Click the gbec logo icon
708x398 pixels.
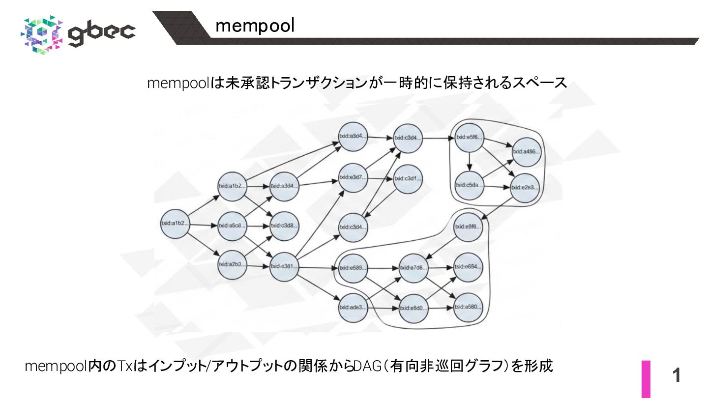pyautogui.click(x=42, y=34)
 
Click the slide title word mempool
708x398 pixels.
pyautogui.click(x=255, y=26)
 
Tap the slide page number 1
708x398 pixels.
pyautogui.click(x=677, y=376)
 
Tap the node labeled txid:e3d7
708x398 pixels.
pyautogui.click(x=353, y=177)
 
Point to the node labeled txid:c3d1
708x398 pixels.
pyautogui.click(x=408, y=178)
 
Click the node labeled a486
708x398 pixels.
pyautogui.click(x=526, y=151)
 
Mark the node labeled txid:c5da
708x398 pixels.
pyautogui.click(x=469, y=185)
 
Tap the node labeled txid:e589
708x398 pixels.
pyautogui.click(x=353, y=268)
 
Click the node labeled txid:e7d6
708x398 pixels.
pyautogui.click(x=413, y=268)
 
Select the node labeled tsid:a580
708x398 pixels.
pyautogui.click(x=468, y=308)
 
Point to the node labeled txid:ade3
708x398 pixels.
pyautogui.click(x=353, y=308)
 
